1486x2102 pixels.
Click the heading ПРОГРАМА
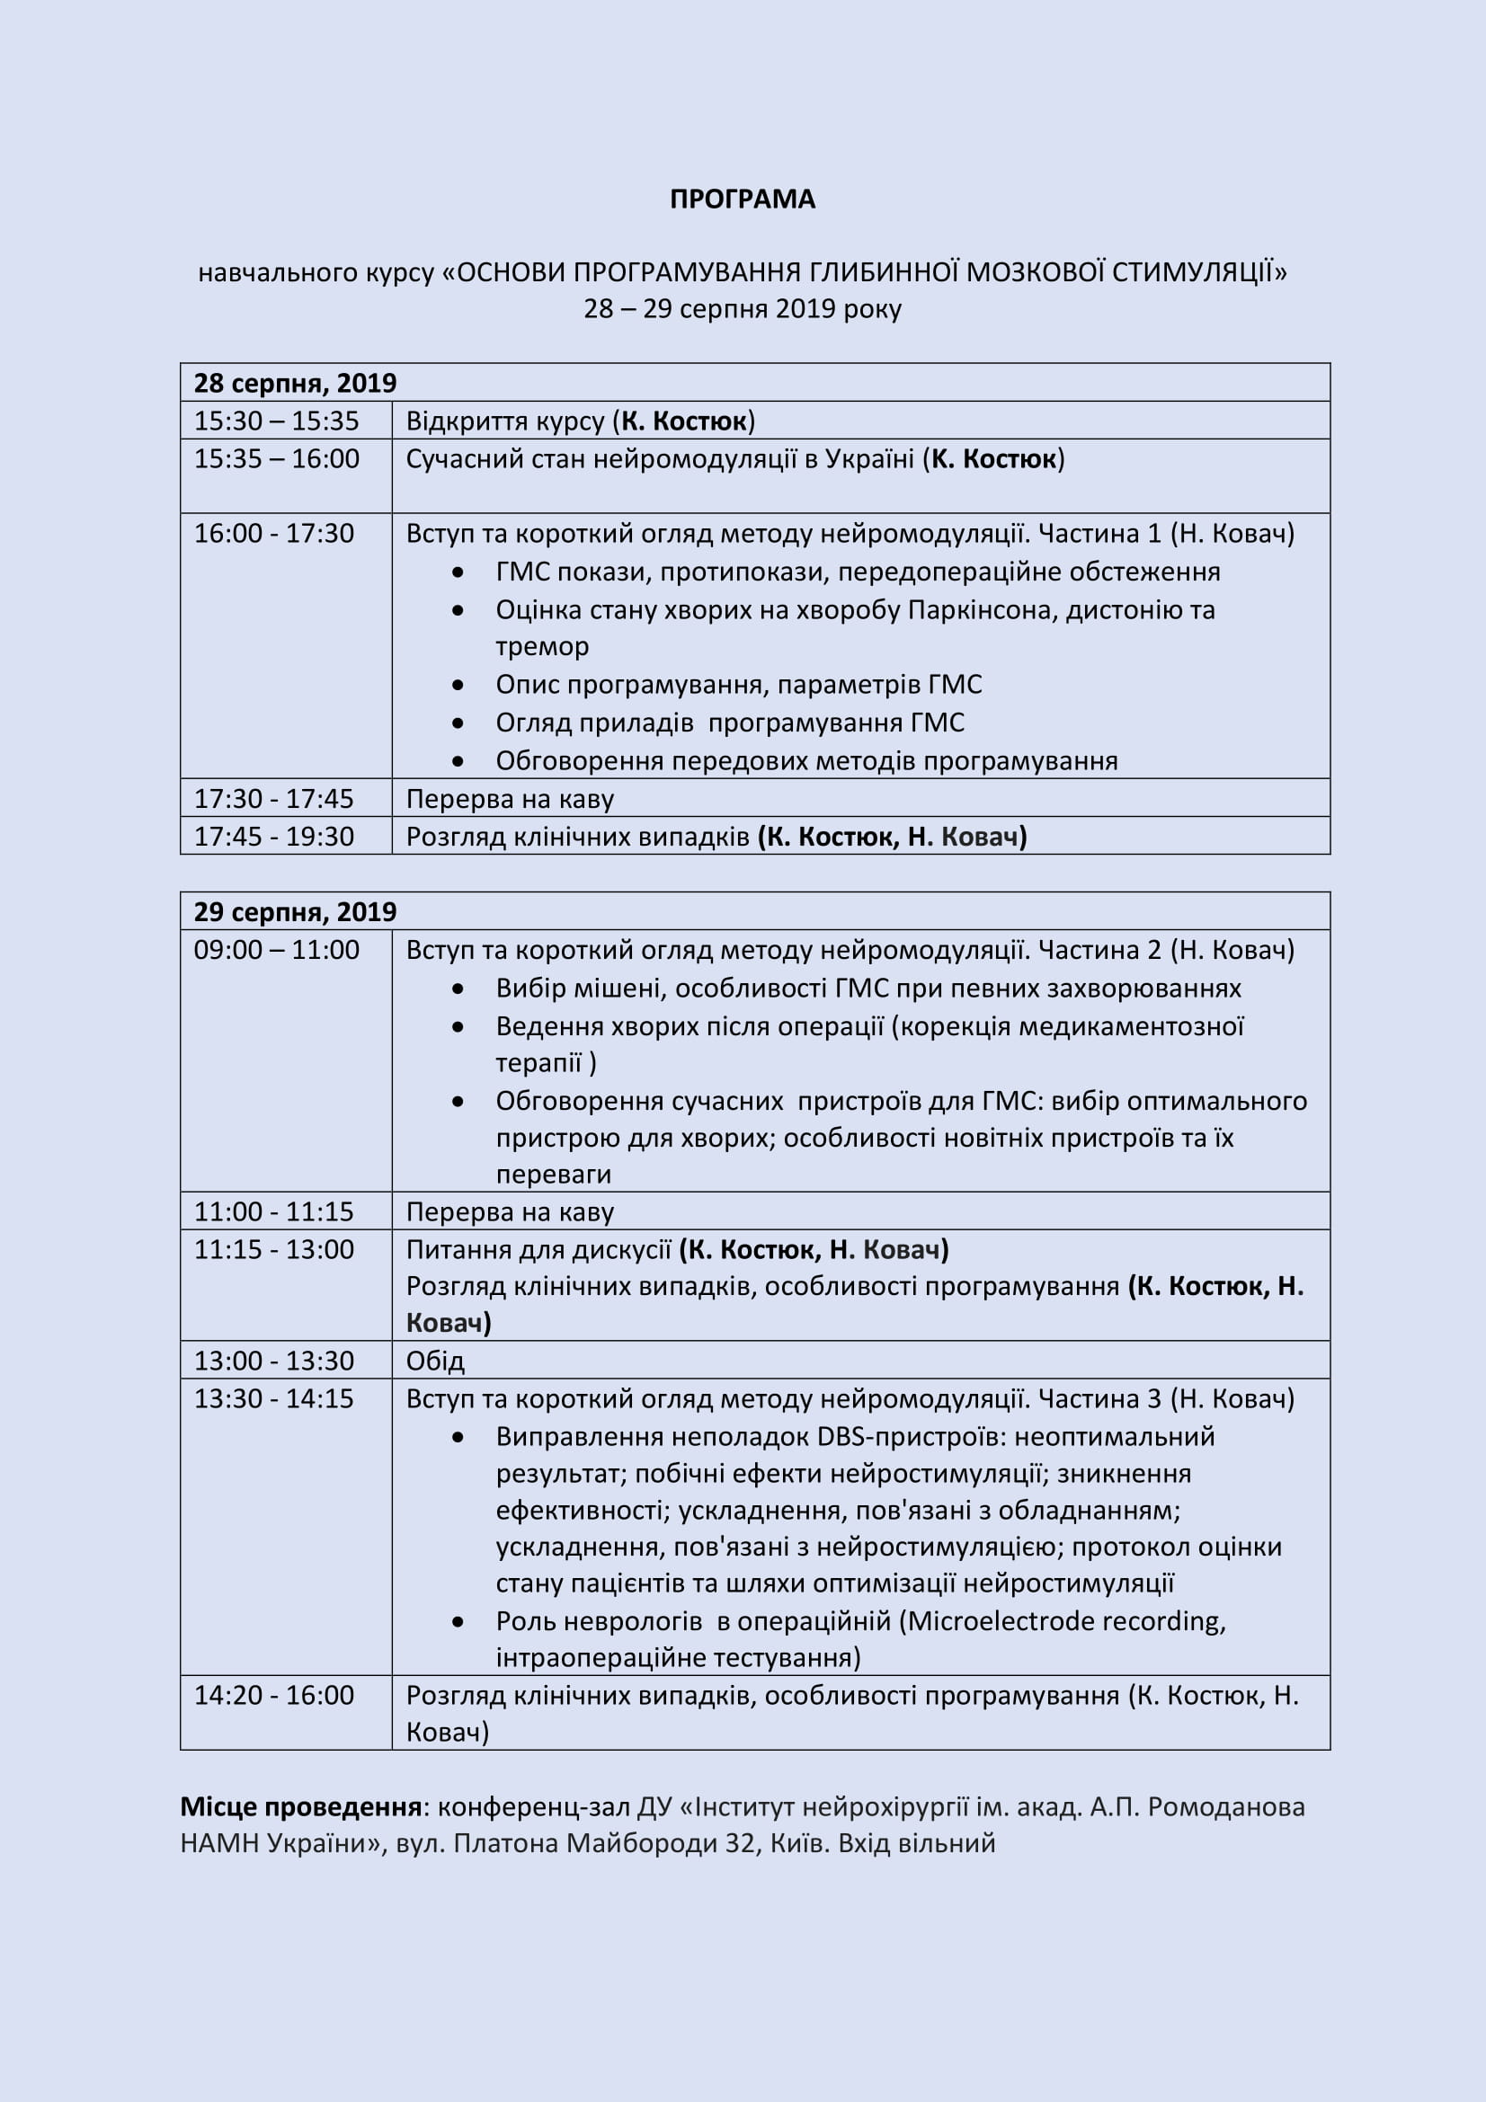point(742,200)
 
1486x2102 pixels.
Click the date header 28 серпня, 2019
point(295,383)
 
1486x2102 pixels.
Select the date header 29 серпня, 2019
point(295,912)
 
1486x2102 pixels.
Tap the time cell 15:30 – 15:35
point(276,421)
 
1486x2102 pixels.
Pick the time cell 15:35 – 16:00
point(276,458)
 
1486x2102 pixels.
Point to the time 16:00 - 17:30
point(273,534)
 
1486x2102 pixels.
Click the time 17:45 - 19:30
point(273,836)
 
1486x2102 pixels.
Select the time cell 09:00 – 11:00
point(276,950)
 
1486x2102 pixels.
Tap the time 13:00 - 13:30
point(273,1361)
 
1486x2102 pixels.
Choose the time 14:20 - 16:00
point(273,1695)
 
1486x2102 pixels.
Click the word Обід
point(435,1361)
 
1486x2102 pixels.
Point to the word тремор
point(542,647)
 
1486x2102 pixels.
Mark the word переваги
point(553,1175)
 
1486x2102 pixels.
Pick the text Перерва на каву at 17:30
point(509,799)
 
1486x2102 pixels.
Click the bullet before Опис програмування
point(458,686)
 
